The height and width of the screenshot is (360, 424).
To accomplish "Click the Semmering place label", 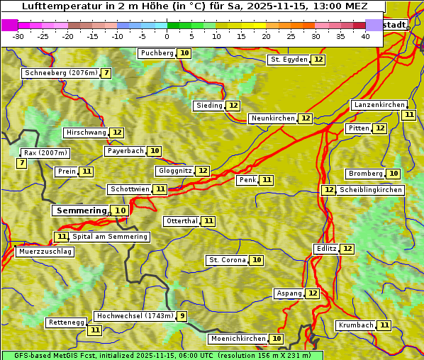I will click(x=81, y=210).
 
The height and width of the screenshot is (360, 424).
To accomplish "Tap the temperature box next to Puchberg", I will click(x=184, y=53).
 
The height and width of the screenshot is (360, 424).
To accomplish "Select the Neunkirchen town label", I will click(x=273, y=118).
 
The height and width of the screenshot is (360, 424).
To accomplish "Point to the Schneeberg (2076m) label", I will click(x=60, y=73).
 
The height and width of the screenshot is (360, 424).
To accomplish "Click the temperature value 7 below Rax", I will click(x=22, y=164).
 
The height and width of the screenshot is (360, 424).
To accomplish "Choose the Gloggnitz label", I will click(x=174, y=171).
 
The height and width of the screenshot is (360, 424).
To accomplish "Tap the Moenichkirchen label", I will click(x=238, y=339).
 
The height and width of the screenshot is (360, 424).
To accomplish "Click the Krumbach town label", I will click(x=356, y=325).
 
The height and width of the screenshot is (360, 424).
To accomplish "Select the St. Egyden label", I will click(x=289, y=60).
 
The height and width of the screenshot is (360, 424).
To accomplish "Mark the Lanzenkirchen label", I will click(x=379, y=105).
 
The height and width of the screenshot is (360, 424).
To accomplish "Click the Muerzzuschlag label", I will click(x=44, y=252).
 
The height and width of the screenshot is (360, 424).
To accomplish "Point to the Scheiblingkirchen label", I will click(x=370, y=190).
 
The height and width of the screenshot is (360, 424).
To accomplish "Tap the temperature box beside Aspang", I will click(x=313, y=293).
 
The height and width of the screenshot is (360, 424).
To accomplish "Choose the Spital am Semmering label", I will click(x=110, y=237).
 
